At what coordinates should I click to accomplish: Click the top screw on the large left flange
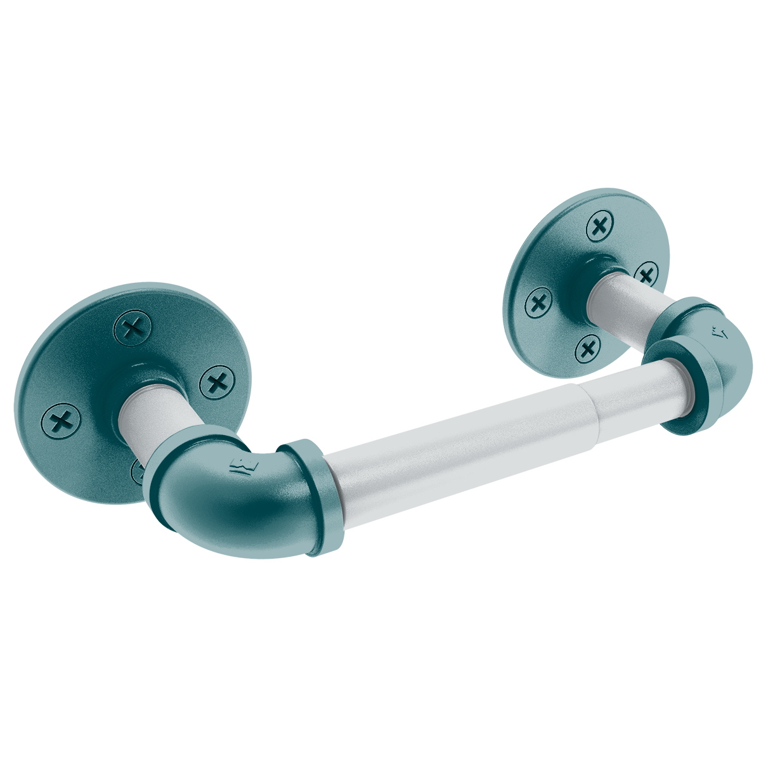133,328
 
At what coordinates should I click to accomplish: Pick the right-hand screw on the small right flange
647,275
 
